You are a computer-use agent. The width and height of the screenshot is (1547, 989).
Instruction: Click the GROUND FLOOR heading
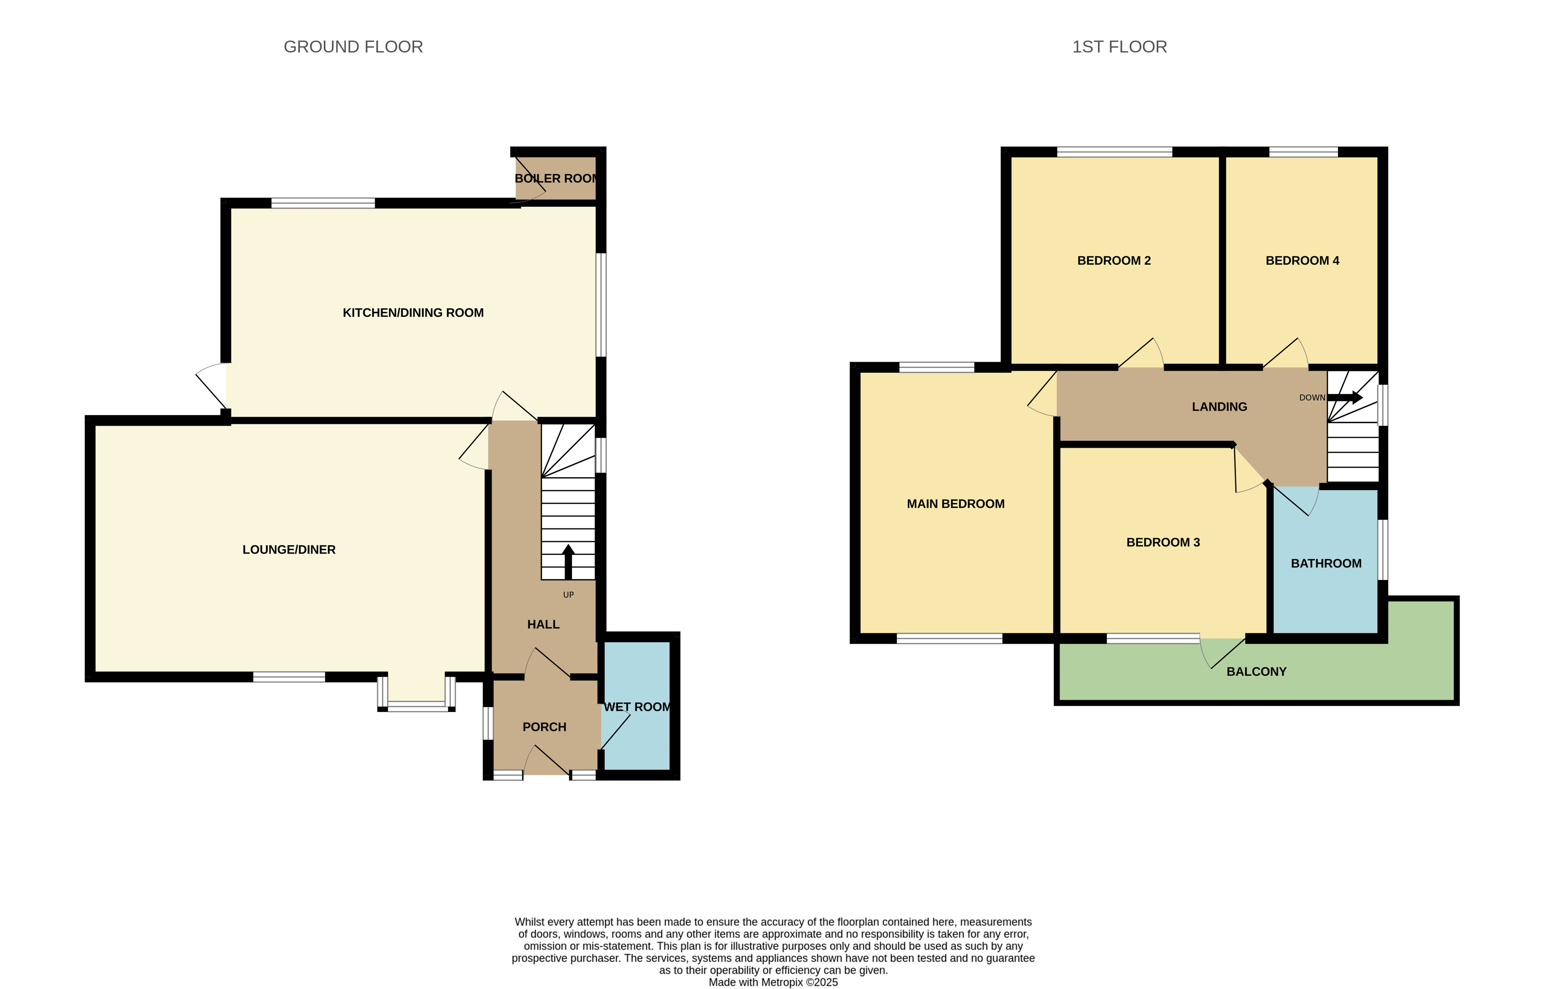353,47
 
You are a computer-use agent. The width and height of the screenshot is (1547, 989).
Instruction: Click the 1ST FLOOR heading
1119,47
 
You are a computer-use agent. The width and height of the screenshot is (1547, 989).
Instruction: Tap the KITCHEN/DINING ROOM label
413,313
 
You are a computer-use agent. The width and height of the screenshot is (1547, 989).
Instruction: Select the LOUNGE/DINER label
289,550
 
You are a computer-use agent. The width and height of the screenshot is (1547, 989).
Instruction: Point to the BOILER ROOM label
556,179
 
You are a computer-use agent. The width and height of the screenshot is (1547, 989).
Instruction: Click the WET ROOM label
637,707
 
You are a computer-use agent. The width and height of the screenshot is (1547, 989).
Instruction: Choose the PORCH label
544,727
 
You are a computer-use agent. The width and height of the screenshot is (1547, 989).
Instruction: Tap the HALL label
543,624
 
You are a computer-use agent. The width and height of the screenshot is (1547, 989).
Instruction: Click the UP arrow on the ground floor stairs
568,562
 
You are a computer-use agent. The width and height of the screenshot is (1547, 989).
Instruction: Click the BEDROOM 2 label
1114,260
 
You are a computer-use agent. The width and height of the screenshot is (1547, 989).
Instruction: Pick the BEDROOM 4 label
1302,260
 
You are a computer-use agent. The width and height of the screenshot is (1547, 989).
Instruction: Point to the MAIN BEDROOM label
955,504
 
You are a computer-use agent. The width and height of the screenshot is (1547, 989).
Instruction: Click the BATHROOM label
1326,564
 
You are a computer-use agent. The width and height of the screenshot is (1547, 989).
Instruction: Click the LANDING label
1219,407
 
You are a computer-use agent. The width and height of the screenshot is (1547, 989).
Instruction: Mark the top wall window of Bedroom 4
1304,152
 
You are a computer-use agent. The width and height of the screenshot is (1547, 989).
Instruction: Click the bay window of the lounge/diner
416,692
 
